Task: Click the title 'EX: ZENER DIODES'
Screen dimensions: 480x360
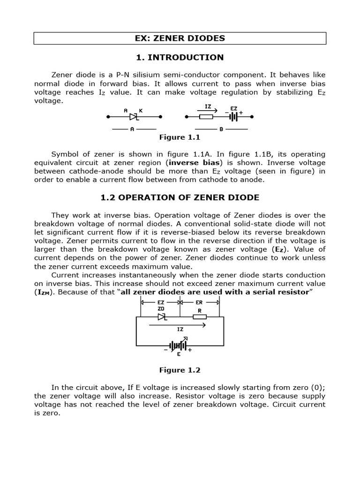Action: pos(180,38)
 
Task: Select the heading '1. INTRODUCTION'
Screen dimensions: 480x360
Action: pos(180,58)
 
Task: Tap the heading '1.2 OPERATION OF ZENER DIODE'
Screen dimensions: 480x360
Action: pos(180,197)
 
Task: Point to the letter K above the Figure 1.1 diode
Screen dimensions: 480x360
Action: pos(141,110)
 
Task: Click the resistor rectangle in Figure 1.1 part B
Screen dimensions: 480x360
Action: pos(206,116)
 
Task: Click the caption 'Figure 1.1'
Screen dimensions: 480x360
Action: pos(180,137)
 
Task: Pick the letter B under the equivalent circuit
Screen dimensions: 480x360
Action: pos(221,129)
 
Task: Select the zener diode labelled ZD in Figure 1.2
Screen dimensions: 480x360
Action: pos(162,317)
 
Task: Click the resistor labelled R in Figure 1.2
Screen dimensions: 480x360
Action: pos(200,317)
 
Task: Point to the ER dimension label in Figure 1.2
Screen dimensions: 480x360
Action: pos(199,303)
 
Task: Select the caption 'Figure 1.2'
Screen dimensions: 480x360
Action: pos(180,370)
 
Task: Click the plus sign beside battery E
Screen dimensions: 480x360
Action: pos(190,350)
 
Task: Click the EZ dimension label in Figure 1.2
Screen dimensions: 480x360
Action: pos(161,303)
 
